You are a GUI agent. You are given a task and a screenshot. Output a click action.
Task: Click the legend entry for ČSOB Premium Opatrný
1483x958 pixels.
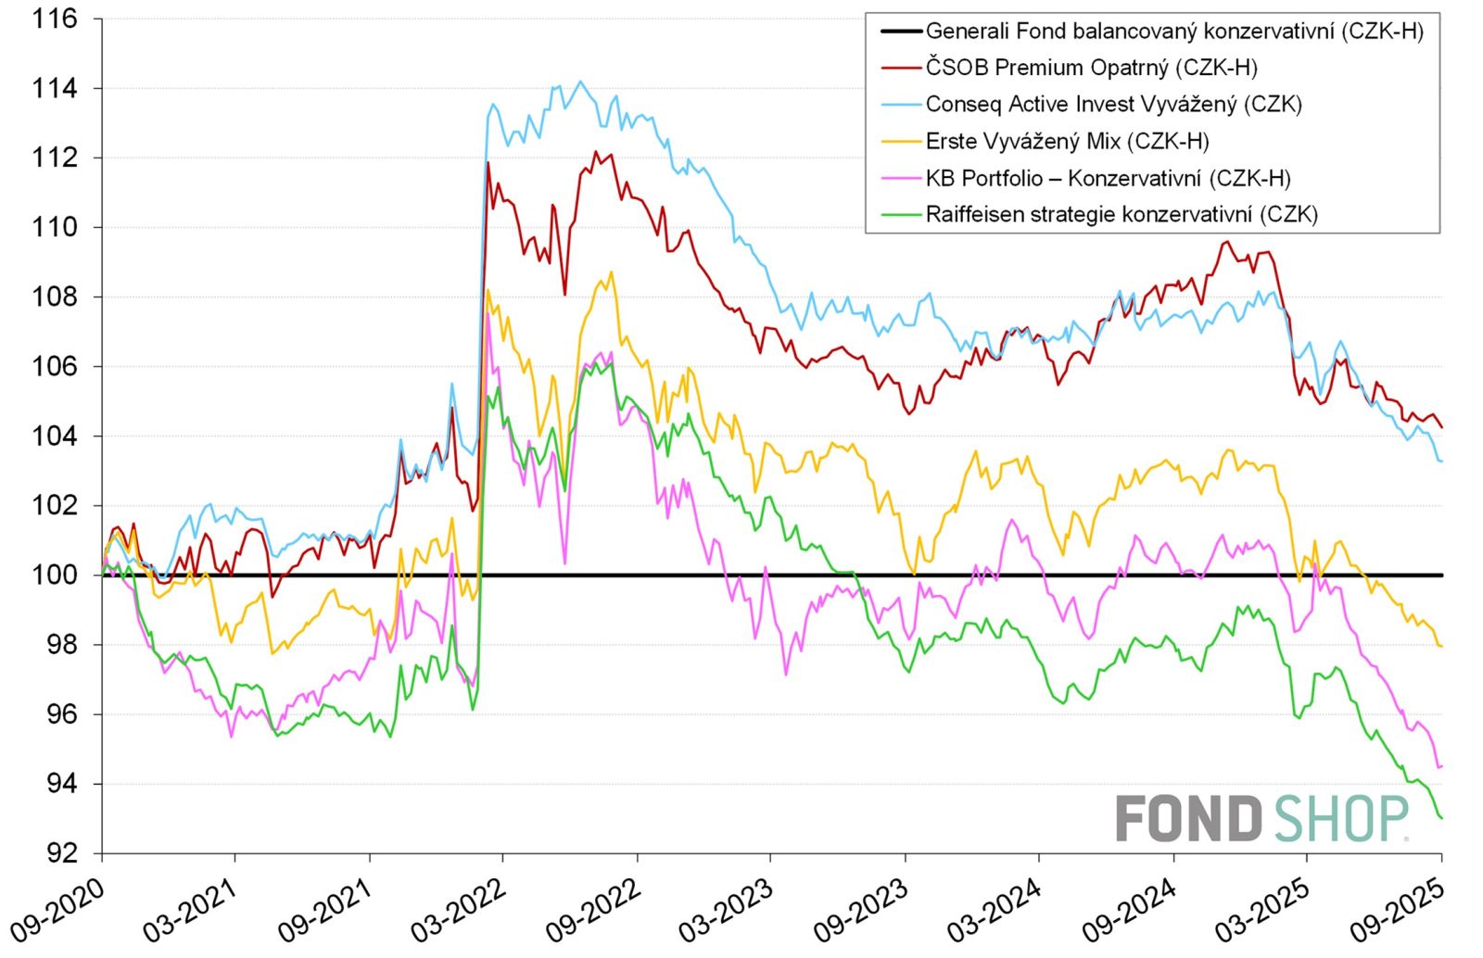[1091, 68]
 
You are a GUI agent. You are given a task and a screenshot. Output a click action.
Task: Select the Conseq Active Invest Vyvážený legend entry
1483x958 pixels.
[1113, 104]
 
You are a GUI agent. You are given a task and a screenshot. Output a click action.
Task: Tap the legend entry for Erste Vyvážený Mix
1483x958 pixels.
[1067, 141]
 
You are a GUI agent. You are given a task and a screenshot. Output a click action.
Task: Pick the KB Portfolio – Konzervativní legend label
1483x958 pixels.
[1108, 178]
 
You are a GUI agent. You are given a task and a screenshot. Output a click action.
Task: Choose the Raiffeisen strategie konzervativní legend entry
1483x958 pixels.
[1122, 214]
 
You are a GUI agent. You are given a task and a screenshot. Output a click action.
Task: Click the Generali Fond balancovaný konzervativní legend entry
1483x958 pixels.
[1173, 32]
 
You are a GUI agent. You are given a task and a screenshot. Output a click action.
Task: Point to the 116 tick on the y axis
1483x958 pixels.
[55, 19]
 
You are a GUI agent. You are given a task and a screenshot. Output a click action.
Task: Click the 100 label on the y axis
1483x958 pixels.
[55, 575]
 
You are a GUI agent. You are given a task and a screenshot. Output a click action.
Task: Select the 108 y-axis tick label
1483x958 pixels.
[55, 297]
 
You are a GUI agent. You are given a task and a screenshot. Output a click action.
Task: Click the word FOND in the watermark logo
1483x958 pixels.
[1188, 819]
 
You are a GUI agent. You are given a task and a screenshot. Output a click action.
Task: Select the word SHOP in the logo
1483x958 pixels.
[1340, 819]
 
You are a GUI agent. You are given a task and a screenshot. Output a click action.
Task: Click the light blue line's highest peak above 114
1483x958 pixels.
[580, 82]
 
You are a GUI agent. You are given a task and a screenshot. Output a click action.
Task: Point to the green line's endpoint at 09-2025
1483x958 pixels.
[1441, 818]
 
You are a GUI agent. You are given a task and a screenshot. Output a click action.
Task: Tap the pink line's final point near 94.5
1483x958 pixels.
[1441, 766]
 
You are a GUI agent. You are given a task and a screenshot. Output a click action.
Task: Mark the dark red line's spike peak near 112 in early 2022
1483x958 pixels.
[488, 163]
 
